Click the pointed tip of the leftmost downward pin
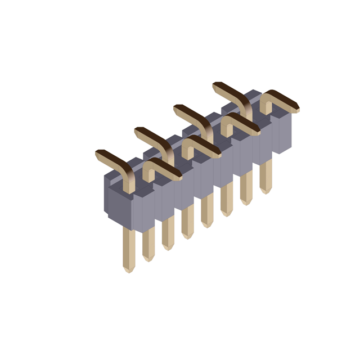coord(129,270)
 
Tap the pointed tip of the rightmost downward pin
coord(265,191)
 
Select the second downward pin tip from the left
coord(148,258)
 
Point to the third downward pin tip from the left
coord(168,247)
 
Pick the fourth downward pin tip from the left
coord(187,236)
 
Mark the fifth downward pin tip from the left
coord(207,224)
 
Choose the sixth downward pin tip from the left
coord(227,213)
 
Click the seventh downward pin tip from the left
coord(246,202)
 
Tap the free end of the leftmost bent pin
coord(99,152)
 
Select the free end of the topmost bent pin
coord(216,85)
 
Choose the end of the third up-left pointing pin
coord(177,107)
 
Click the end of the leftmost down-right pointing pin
coord(179,177)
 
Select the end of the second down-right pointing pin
coord(218,155)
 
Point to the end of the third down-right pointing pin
coord(257,132)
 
